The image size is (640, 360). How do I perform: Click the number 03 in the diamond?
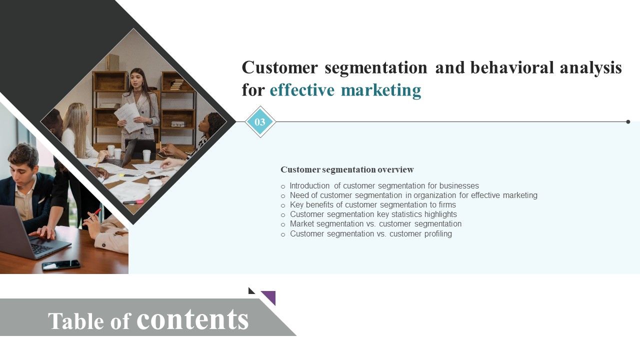(260, 122)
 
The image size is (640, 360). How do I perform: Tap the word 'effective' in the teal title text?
(302, 90)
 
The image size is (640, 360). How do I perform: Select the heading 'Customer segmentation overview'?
(347, 169)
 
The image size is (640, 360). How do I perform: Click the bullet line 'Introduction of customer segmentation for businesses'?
(384, 185)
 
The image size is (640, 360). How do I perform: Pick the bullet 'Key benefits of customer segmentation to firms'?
(372, 204)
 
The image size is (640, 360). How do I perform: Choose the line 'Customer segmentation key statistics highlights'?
(373, 214)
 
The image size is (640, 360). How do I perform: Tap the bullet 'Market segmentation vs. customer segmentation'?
(375, 223)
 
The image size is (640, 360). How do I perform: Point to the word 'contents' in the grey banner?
(192, 319)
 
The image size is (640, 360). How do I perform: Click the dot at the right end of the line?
(628, 121)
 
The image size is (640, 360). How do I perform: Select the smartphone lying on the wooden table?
(61, 265)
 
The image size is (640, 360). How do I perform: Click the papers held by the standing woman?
(128, 116)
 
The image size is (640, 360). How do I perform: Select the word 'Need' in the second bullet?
(298, 195)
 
